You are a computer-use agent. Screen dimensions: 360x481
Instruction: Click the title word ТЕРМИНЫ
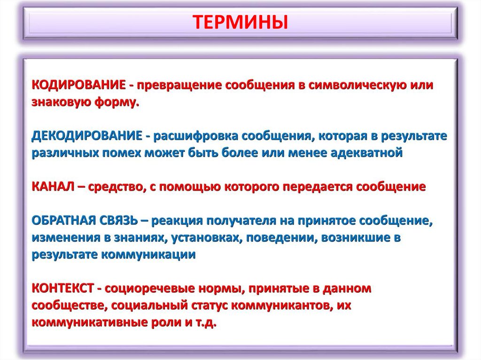coord(240,23)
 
